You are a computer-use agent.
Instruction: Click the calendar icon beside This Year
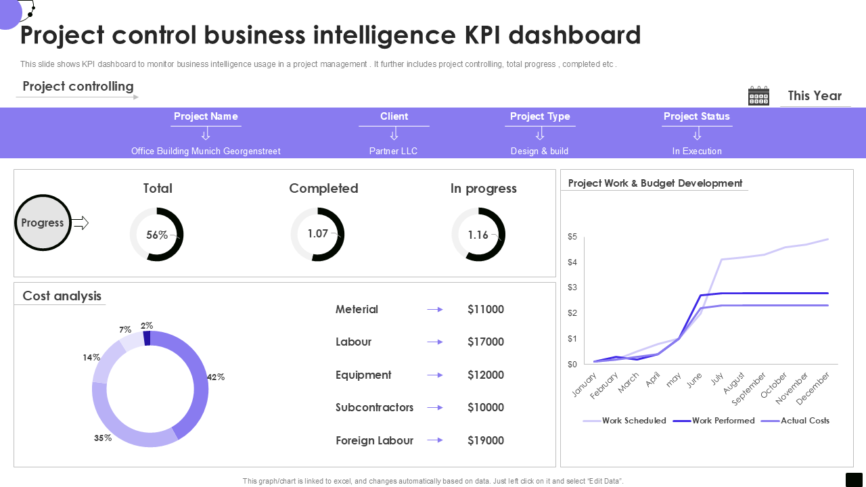(x=758, y=96)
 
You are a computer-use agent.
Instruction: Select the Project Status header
(x=696, y=116)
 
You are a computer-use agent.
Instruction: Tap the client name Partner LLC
(x=393, y=151)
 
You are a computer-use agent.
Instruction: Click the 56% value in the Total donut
(x=157, y=235)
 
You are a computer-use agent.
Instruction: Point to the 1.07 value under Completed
(x=317, y=233)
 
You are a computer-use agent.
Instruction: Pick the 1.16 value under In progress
(x=478, y=235)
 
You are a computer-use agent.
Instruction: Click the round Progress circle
(x=43, y=223)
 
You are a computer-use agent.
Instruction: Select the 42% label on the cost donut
(x=216, y=377)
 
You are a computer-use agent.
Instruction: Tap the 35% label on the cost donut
(x=103, y=438)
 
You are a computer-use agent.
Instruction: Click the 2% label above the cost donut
(x=147, y=325)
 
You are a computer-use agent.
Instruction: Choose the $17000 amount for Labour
(x=486, y=342)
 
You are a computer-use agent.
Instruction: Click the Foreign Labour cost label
(x=374, y=440)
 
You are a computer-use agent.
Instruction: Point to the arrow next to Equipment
(x=435, y=375)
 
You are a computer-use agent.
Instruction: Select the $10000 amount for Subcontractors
(x=486, y=407)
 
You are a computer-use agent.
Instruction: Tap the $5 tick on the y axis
(x=572, y=237)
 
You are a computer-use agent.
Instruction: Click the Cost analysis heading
(x=62, y=296)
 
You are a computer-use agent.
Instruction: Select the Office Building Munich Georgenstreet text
(x=206, y=151)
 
